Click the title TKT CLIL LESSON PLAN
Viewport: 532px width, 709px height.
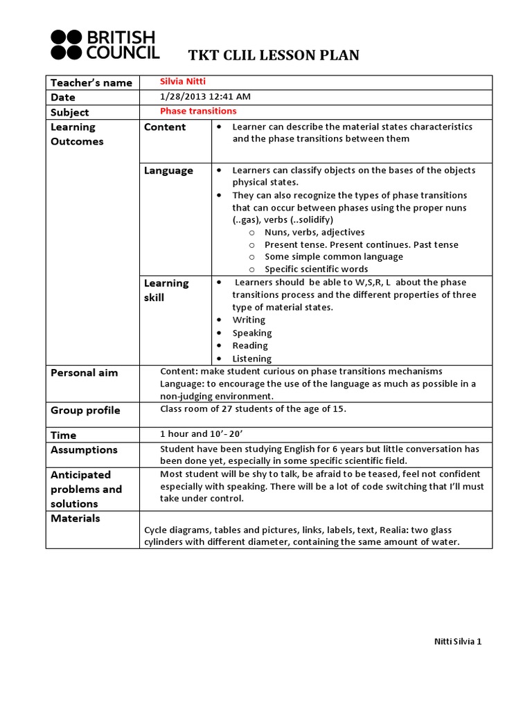[x=274, y=55]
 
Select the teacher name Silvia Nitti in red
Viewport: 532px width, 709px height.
[x=183, y=82]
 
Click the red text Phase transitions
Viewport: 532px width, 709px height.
[x=198, y=111]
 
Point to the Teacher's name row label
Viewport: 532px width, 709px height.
[x=91, y=83]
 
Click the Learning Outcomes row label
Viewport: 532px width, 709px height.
[x=77, y=134]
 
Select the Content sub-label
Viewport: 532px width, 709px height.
[x=165, y=127]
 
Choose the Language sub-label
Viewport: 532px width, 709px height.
[x=168, y=170]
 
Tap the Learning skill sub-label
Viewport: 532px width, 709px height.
[x=166, y=290]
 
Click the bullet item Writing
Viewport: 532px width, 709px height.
[x=249, y=320]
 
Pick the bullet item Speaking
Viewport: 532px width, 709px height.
[x=252, y=333]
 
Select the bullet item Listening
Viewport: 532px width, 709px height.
[x=252, y=359]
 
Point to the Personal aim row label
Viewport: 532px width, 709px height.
[x=85, y=373]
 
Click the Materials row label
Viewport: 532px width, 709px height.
[x=76, y=519]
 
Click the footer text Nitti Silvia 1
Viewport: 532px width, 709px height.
[x=453, y=641]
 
